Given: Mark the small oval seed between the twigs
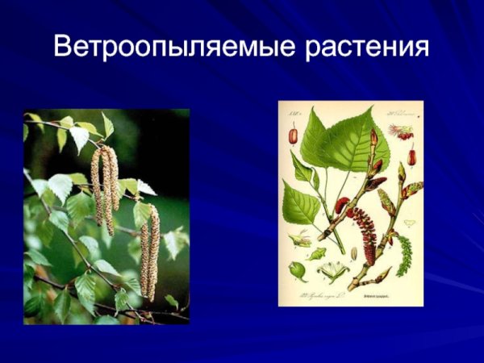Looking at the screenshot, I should (x=354, y=252).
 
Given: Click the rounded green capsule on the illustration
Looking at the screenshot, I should (x=298, y=270).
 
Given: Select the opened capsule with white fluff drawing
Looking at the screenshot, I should (x=333, y=270).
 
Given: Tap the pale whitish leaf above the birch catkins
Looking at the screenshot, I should (x=79, y=137).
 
